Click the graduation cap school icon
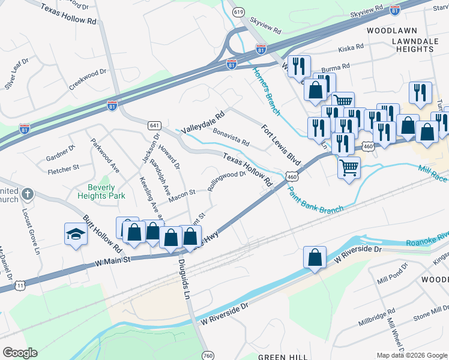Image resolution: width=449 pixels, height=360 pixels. coord(76,234)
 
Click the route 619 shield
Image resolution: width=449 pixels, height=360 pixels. coord(239,11)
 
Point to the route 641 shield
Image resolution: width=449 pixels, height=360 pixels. coord(155,125)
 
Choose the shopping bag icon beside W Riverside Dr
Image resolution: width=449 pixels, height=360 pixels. coord(315,257)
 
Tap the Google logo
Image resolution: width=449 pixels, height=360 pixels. coord(20,353)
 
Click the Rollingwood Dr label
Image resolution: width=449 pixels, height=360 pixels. coord(227,181)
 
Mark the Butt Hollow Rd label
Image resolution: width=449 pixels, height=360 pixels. coord(98,233)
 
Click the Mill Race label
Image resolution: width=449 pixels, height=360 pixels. coord(431,170)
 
